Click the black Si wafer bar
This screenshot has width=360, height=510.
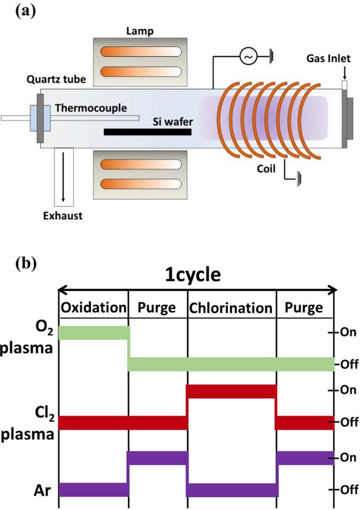click(x=147, y=132)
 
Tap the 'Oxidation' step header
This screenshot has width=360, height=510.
click(x=93, y=307)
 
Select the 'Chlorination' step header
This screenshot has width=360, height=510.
click(x=231, y=307)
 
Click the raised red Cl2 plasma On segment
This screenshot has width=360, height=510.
click(x=231, y=391)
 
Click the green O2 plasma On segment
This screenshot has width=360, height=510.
click(x=93, y=333)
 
